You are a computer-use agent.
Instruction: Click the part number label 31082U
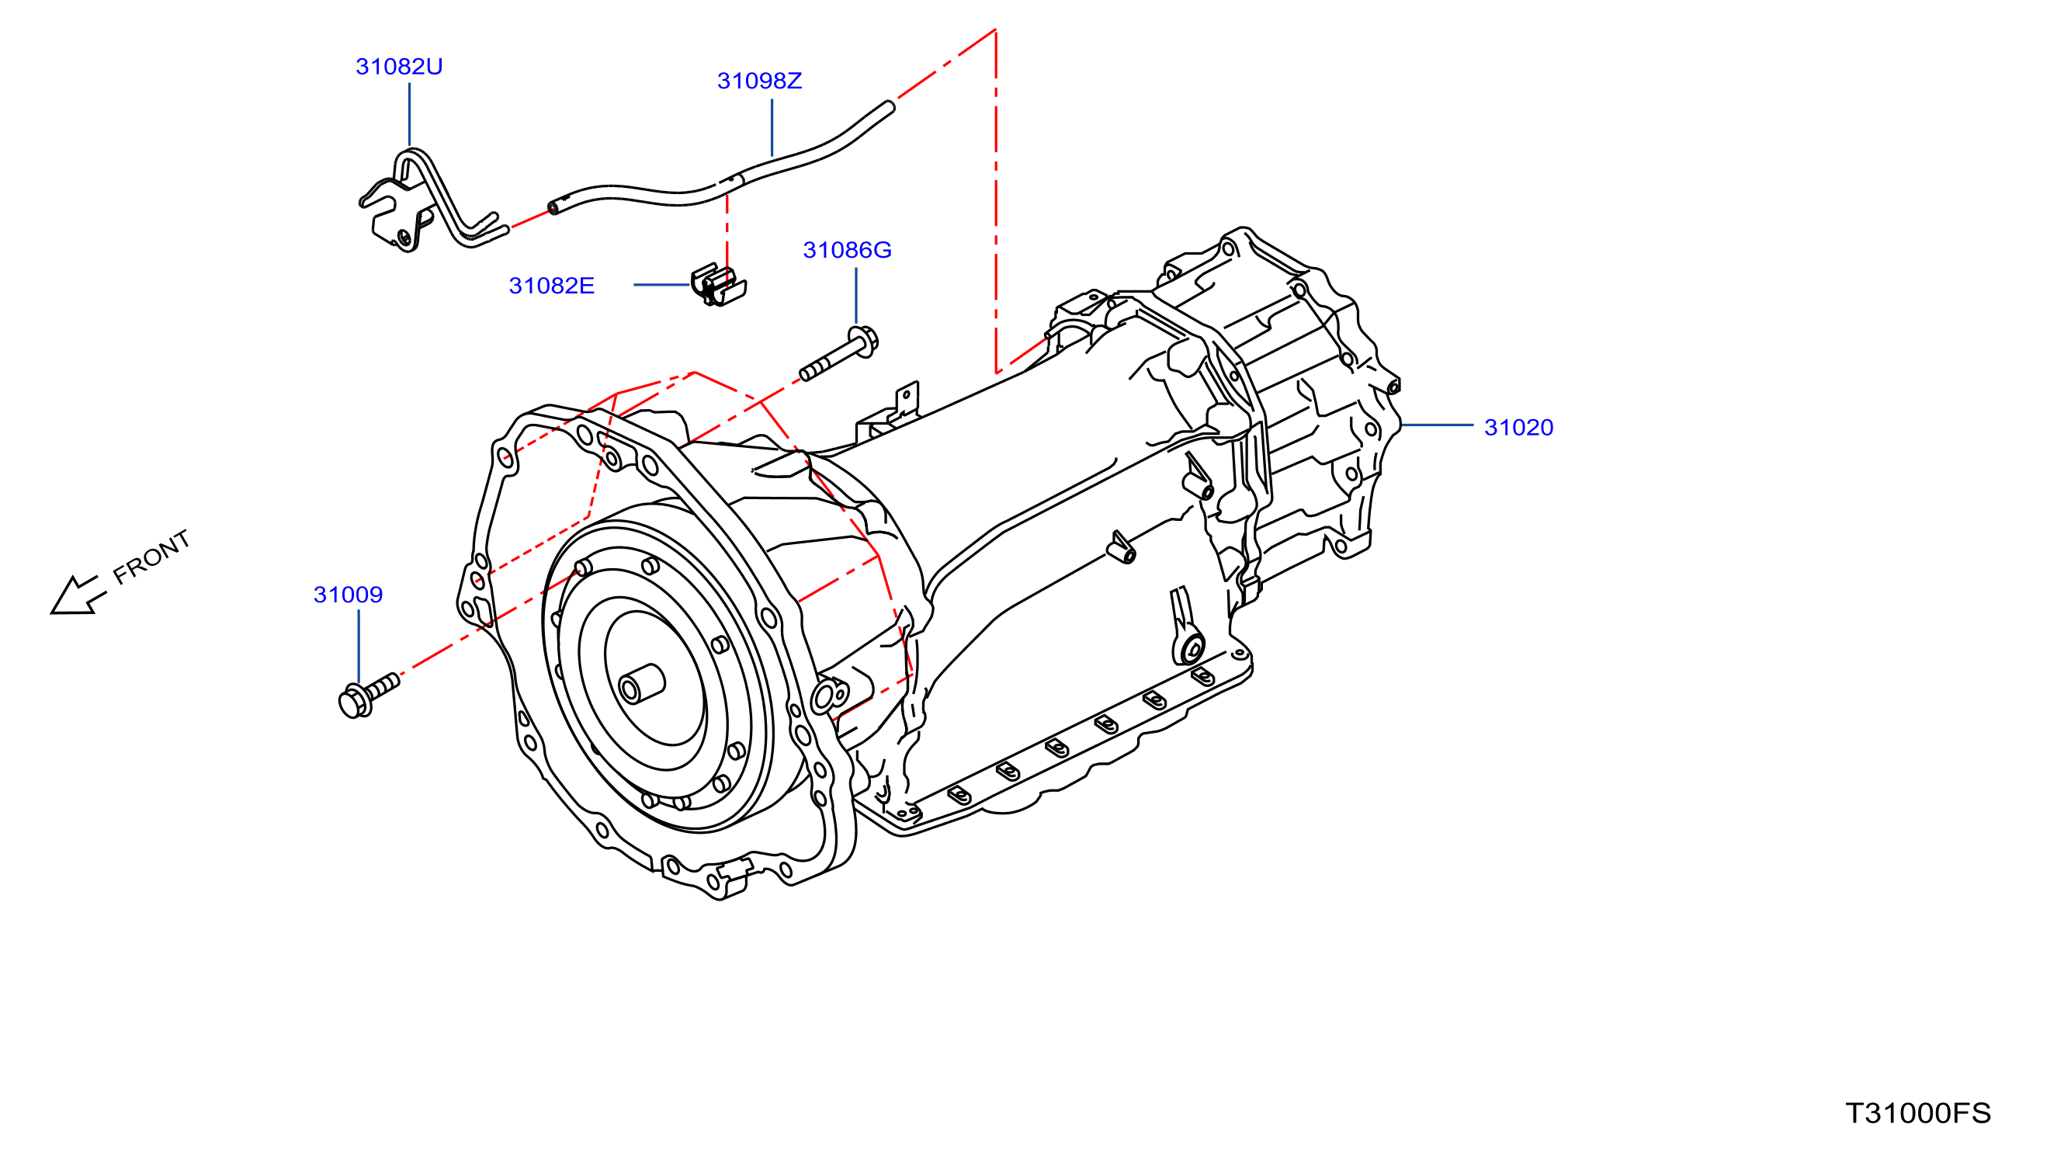point(399,67)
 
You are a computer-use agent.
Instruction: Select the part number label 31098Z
point(759,82)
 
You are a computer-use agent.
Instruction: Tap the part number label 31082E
point(551,286)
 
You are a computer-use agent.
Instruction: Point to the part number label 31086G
point(848,250)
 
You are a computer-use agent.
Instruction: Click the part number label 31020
point(1518,428)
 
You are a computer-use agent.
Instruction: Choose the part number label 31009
point(348,595)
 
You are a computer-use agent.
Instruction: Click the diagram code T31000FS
point(1918,1113)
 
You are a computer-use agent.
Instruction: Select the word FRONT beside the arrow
point(151,557)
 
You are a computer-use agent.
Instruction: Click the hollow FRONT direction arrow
point(77,595)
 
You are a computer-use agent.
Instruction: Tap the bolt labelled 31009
point(369,696)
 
